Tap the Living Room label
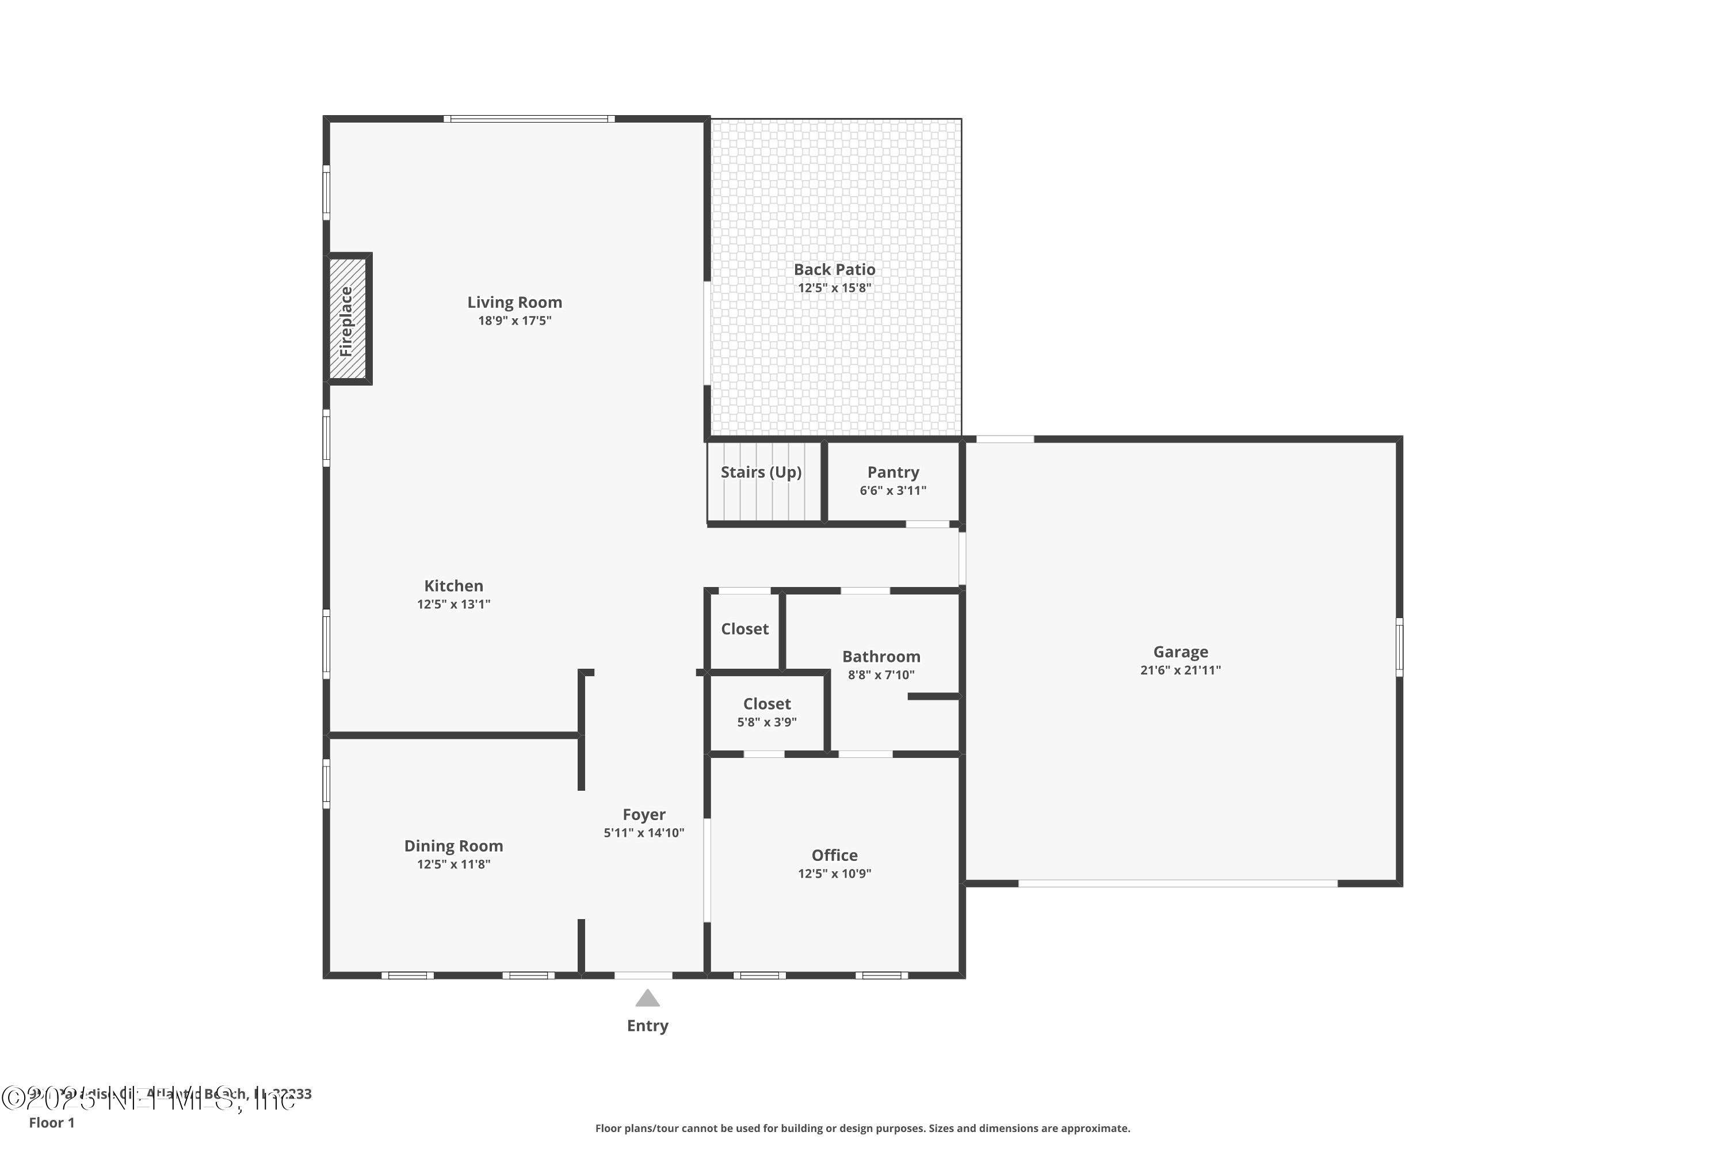(514, 303)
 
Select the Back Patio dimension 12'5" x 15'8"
(834, 288)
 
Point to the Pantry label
(892, 472)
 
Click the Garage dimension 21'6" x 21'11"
(1180, 670)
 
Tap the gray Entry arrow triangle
(647, 998)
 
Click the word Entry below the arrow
(647, 1026)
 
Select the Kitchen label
(453, 586)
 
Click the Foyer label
(644, 814)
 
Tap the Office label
(834, 855)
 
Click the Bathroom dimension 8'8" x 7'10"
(881, 674)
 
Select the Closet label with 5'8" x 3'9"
(767, 704)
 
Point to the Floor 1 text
(51, 1122)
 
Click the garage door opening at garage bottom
(1177, 883)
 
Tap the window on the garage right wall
(1399, 647)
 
